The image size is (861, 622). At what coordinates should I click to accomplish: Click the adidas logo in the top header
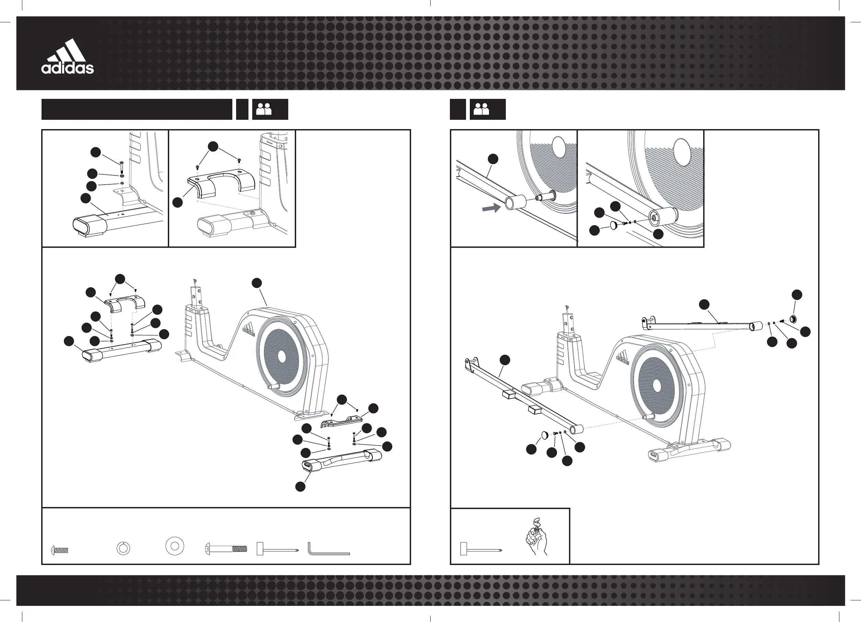pyautogui.click(x=68, y=57)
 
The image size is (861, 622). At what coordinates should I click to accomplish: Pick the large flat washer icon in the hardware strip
pyautogui.click(x=175, y=546)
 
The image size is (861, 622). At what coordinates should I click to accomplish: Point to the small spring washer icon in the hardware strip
pyautogui.click(x=123, y=548)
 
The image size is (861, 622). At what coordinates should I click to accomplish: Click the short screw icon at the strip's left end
pyautogui.click(x=59, y=550)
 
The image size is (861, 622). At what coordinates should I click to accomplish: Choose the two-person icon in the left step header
pyautogui.click(x=264, y=110)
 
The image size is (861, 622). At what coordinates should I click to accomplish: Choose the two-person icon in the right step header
pyautogui.click(x=481, y=110)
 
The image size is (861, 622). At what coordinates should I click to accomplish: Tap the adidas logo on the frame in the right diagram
pyautogui.click(x=623, y=358)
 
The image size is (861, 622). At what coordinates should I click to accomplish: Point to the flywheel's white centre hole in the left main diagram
pyautogui.click(x=281, y=356)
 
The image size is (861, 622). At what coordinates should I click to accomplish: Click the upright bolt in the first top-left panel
pyautogui.click(x=121, y=167)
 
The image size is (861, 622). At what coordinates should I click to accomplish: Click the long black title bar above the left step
pyautogui.click(x=137, y=110)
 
